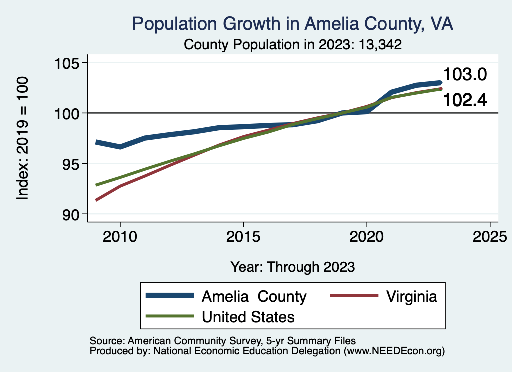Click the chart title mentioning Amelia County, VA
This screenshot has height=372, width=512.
[292, 24]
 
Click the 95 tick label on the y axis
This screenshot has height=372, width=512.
[70, 164]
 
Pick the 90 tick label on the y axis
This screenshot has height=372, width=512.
[70, 214]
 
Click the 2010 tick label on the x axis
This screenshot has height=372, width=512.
[120, 237]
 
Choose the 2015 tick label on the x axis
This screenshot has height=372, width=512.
[243, 237]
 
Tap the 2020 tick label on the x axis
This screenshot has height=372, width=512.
[367, 237]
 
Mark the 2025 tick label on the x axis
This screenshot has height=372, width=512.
[490, 237]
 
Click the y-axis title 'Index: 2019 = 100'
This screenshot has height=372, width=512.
[23, 138]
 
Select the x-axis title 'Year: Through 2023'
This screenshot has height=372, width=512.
[293, 267]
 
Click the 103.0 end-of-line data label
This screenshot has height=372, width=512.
[465, 75]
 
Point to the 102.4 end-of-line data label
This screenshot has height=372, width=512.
[465, 100]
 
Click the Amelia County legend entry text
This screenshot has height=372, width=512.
[254, 296]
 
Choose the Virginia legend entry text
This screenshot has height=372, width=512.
[412, 296]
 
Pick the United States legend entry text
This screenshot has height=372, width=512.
[248, 317]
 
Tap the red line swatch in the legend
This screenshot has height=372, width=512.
[354, 296]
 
